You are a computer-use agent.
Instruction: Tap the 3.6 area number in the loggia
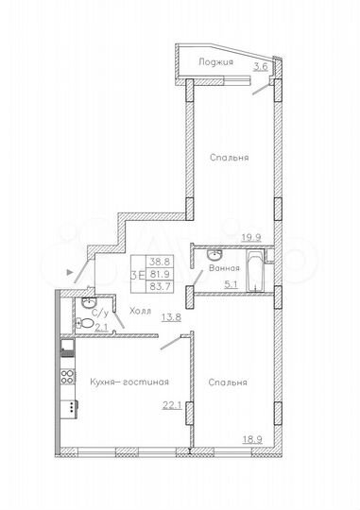[263, 66]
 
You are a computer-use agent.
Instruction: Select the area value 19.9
[251, 239]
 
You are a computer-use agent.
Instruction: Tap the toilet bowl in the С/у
[87, 326]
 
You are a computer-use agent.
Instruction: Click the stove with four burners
[67, 378]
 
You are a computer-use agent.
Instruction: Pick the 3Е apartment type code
[137, 275]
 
